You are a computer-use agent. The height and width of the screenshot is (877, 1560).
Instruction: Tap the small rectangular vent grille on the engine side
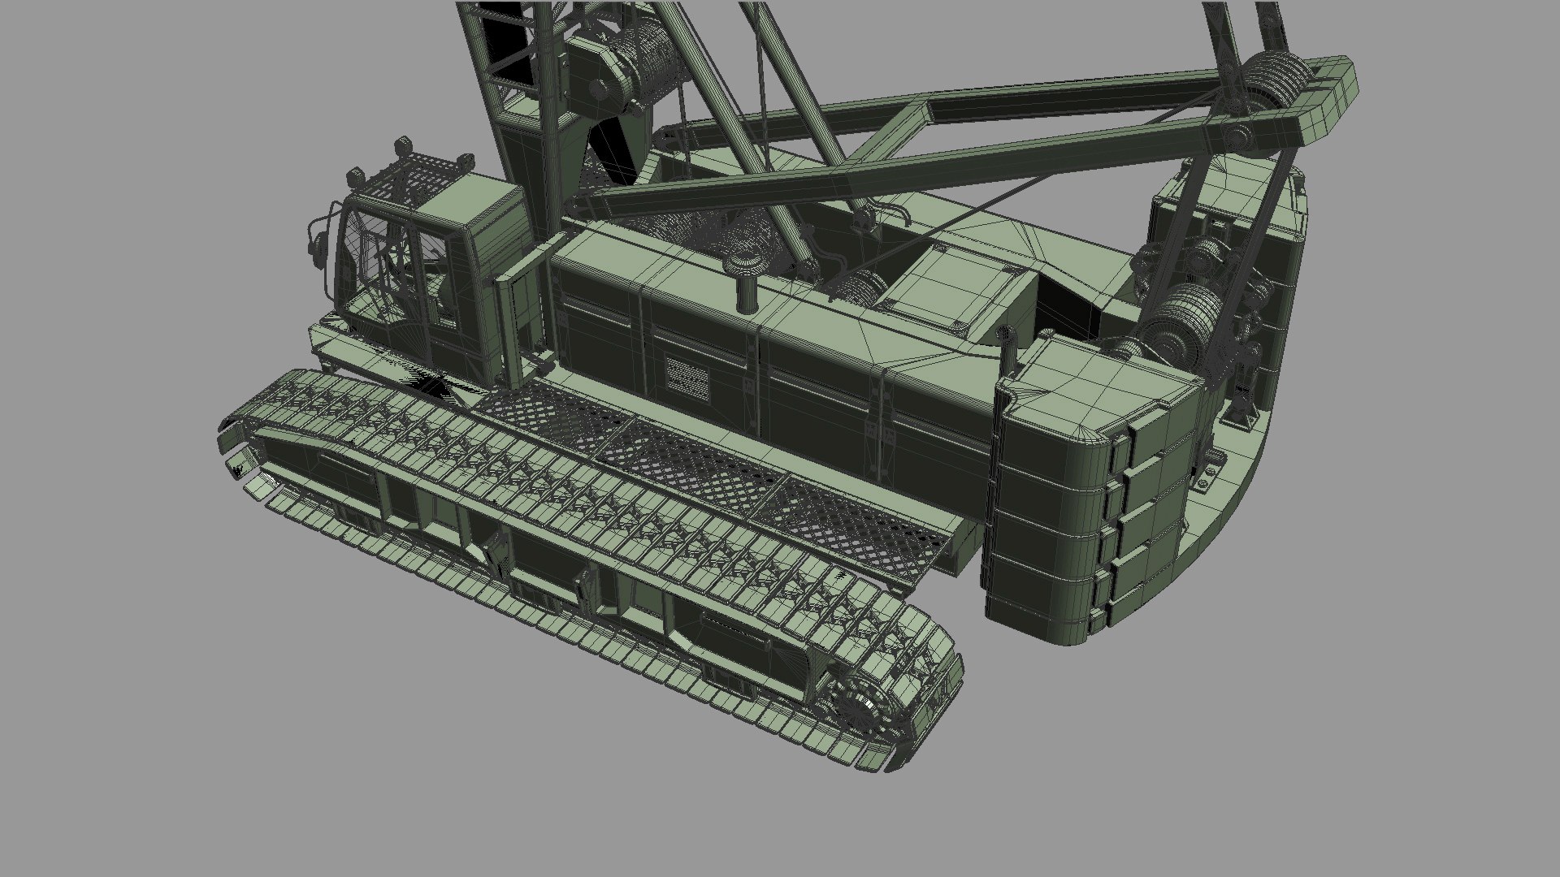coord(687,375)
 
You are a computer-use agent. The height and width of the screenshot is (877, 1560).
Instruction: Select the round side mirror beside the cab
coord(316,240)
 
